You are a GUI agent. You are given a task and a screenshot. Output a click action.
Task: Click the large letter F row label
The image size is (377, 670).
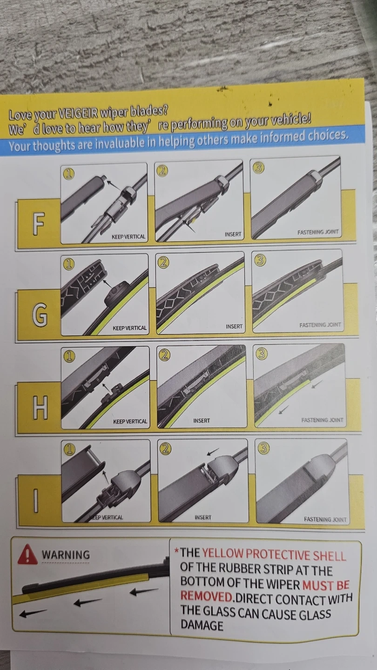point(38,224)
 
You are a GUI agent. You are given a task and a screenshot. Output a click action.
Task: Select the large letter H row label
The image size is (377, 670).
point(40,409)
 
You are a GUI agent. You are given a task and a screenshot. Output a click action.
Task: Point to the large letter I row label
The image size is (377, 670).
point(36,501)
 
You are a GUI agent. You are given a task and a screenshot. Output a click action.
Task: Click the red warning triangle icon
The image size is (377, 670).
point(27,554)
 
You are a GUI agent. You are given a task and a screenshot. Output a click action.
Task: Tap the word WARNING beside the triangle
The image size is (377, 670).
point(66,555)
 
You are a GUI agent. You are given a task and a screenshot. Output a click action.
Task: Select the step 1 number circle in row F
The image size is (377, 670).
point(68,174)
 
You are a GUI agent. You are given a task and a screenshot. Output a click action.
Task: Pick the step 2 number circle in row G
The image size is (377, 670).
point(163,262)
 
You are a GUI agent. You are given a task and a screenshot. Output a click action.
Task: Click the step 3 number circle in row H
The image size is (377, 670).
point(261,354)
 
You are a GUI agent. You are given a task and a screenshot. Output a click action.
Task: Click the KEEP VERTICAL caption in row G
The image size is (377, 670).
point(129,328)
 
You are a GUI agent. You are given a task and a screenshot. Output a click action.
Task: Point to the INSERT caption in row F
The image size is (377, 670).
point(233,234)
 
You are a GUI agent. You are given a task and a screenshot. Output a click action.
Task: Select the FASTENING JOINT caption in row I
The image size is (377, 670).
point(325,520)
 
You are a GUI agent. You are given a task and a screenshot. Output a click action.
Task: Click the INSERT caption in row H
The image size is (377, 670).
point(202,421)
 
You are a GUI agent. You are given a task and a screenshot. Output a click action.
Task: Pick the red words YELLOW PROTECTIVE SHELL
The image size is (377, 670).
point(274,554)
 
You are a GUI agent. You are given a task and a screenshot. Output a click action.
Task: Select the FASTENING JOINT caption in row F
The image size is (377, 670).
point(318,232)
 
